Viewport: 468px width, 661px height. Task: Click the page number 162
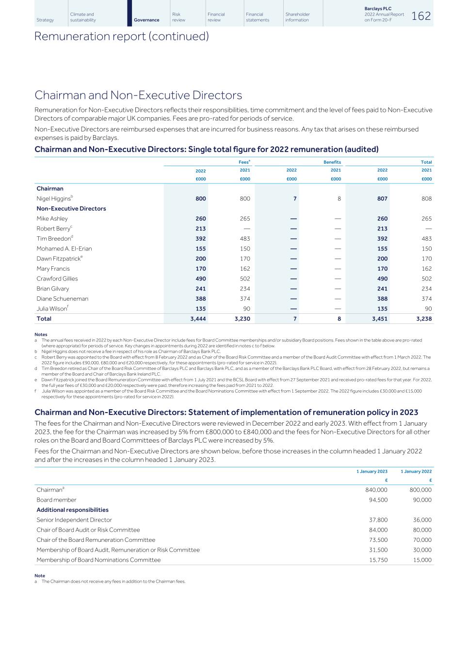point(421,16)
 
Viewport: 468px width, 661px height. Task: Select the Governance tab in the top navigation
point(146,20)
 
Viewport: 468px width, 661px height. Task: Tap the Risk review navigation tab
point(177,17)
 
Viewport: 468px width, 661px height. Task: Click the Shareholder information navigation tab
point(297,17)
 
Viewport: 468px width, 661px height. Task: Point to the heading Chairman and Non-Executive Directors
point(138,95)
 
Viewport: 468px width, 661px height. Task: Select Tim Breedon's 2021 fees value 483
point(245,239)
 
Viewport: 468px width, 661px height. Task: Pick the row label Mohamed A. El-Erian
point(64,249)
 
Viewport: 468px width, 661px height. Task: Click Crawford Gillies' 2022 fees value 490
point(200,279)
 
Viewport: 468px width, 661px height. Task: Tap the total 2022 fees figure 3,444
point(198,319)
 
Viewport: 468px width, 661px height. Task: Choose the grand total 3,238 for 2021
point(423,319)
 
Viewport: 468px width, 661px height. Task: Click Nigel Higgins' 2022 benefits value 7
point(295,199)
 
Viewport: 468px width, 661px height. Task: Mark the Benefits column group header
point(332,162)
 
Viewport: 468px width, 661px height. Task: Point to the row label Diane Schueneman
point(62,299)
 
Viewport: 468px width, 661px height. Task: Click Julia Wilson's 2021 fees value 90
point(247,309)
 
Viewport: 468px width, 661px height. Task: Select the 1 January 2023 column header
point(372,472)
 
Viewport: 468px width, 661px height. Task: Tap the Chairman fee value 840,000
point(376,490)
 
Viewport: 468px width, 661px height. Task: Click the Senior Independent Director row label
point(74,520)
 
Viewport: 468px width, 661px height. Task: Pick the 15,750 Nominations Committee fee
point(378,560)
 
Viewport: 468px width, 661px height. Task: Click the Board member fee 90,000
point(420,500)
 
